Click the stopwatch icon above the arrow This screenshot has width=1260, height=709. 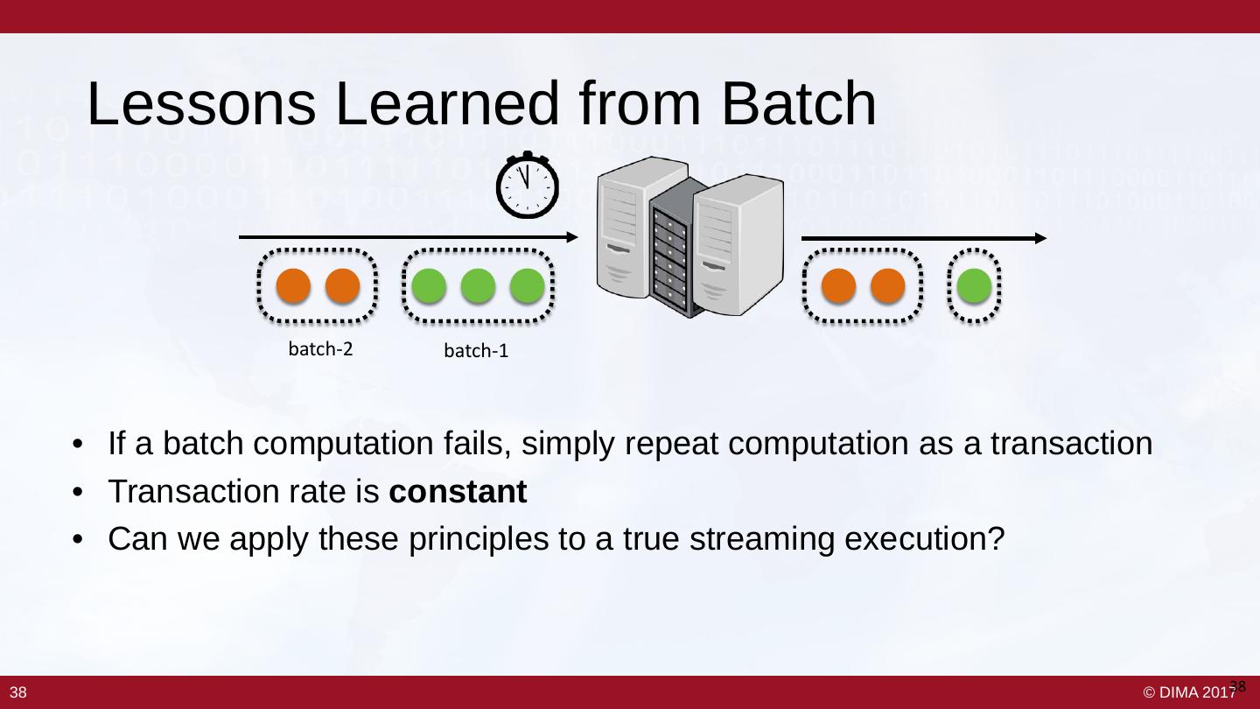click(528, 186)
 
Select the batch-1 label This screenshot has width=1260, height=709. click(477, 352)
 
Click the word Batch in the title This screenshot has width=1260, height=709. click(799, 105)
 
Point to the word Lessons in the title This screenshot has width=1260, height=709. click(201, 105)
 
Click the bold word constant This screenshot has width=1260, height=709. click(458, 493)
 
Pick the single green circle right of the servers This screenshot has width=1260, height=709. click(974, 286)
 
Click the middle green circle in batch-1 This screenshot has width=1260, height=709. click(478, 286)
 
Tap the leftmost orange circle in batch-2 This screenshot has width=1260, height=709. click(294, 286)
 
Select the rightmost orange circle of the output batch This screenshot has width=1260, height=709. click(887, 286)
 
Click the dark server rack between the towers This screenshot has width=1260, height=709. click(674, 247)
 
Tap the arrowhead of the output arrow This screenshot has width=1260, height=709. click(1040, 238)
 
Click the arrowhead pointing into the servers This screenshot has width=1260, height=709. click(572, 236)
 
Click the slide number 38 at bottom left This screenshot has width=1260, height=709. click(18, 693)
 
